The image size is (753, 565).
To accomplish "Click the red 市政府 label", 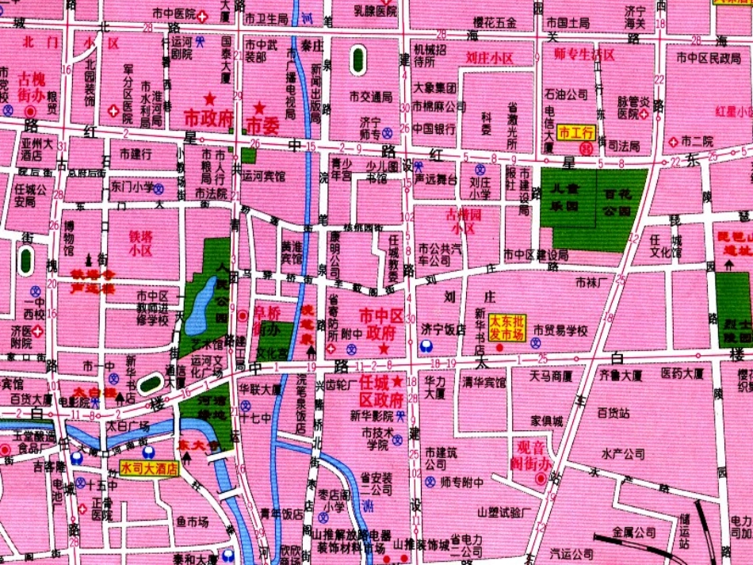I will coord(208,117).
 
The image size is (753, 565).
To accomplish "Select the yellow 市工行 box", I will coord(576,132).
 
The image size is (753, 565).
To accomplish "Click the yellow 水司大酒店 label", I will coord(149,468).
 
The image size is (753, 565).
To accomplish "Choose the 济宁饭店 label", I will coord(442,329).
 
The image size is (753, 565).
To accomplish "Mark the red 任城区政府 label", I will coord(381,390).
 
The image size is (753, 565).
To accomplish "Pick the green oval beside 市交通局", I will coord(358,60).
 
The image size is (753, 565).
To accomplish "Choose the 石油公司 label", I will coord(565,94).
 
